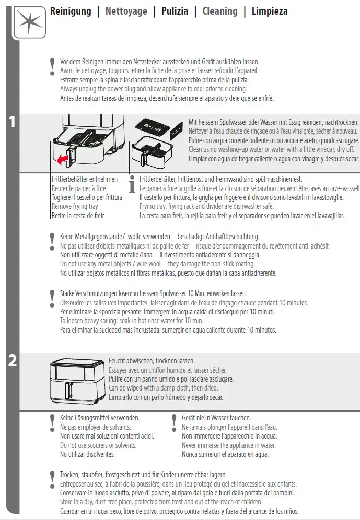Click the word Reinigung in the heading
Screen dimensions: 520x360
coord(71,11)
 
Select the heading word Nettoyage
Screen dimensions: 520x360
coord(126,11)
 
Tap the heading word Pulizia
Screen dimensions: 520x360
coord(175,11)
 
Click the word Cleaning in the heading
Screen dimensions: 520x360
coord(219,11)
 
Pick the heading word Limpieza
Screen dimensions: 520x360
coord(269,11)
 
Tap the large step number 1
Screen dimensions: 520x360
coord(13,122)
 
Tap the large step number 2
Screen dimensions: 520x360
coord(13,361)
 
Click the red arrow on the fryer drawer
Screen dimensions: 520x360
coord(63,159)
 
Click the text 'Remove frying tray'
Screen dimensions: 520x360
coord(75,206)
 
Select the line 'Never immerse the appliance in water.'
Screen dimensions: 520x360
coord(228,445)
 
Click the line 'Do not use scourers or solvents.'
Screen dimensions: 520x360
coord(98,445)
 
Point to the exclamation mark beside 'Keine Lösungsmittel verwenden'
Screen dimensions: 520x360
coord(52,421)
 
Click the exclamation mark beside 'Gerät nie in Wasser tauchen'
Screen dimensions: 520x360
coord(174,421)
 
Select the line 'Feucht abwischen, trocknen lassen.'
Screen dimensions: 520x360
coord(152,361)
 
